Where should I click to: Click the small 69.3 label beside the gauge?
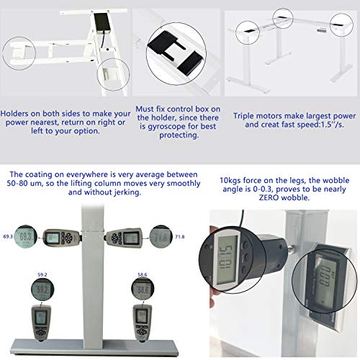click(x=8, y=237)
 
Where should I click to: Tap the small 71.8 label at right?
click(x=179, y=237)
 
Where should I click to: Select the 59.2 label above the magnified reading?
click(x=42, y=274)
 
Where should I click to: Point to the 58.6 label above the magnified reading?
click(x=143, y=274)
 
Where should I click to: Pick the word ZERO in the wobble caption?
click(x=269, y=197)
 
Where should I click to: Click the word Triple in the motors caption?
click(x=243, y=116)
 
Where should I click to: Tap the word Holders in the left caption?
click(x=14, y=113)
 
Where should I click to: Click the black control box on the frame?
click(x=102, y=22)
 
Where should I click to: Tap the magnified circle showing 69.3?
click(x=25, y=237)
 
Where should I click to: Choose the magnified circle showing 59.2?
click(x=42, y=289)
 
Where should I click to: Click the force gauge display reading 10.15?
click(x=227, y=260)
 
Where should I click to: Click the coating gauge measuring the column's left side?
click(x=62, y=238)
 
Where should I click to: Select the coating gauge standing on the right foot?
click(x=142, y=323)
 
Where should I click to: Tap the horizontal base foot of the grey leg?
click(x=94, y=348)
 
